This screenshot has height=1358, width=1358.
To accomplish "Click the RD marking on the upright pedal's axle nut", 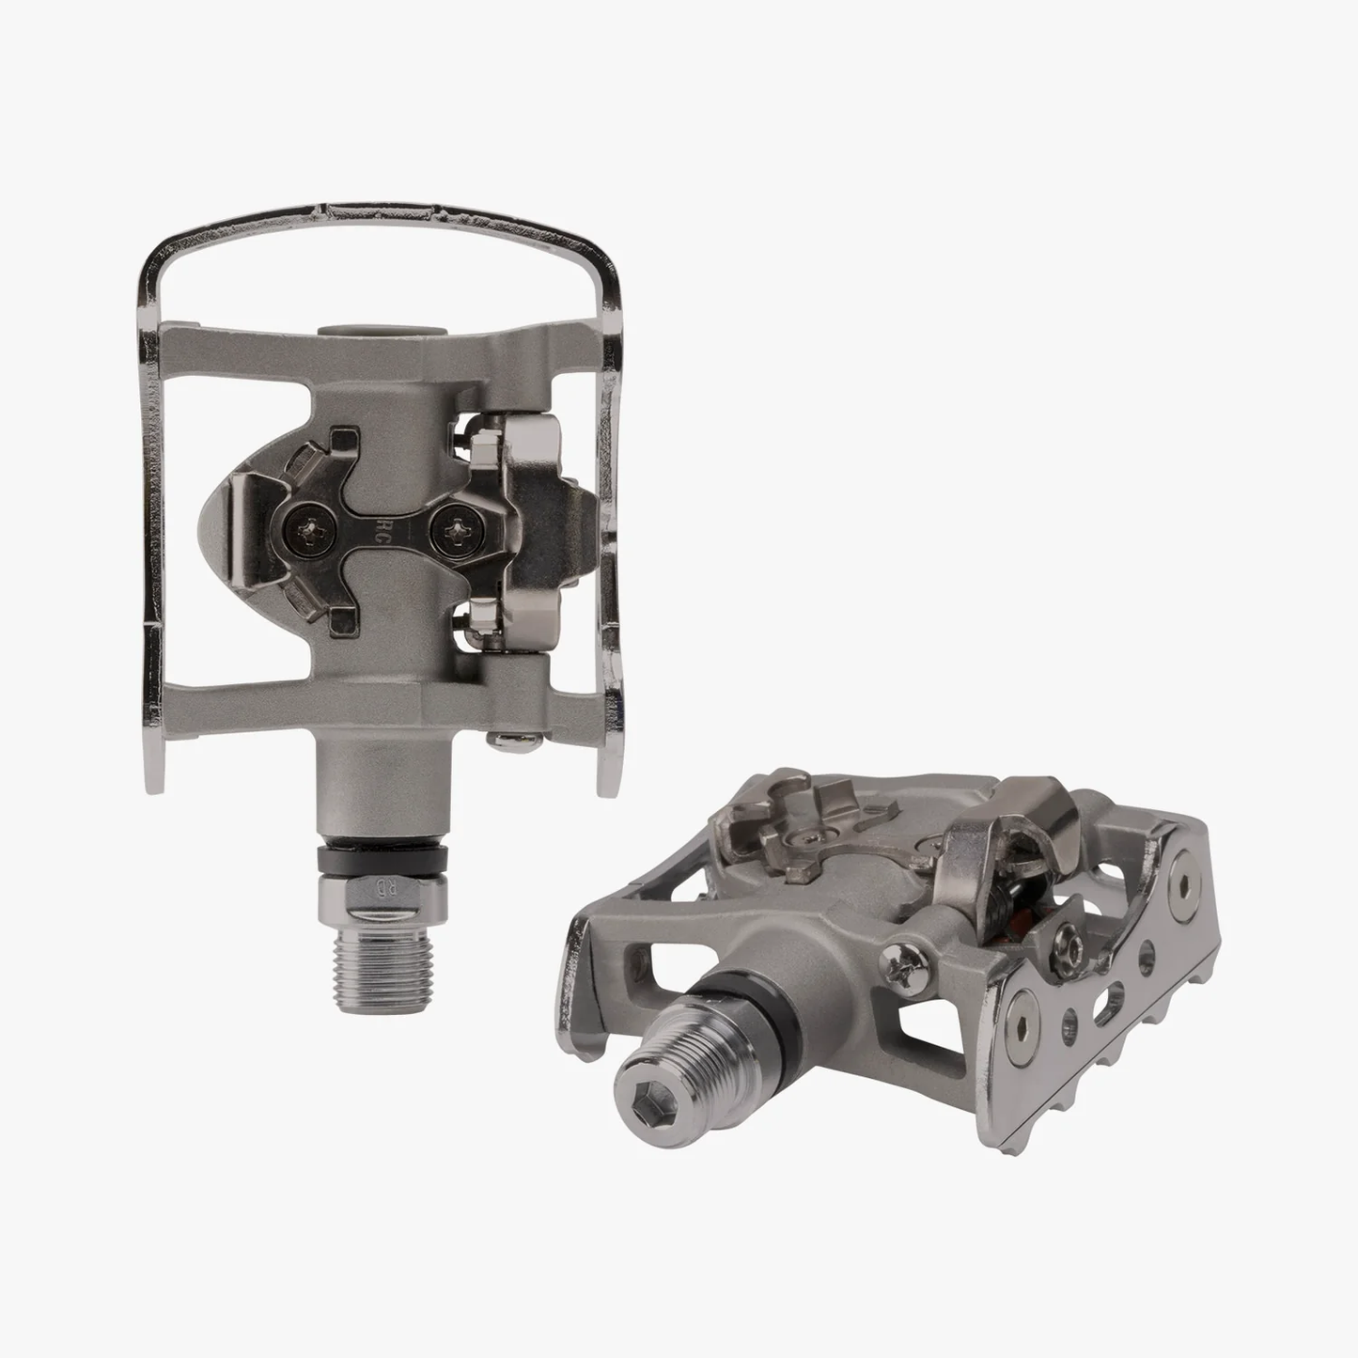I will coord(382,888).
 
